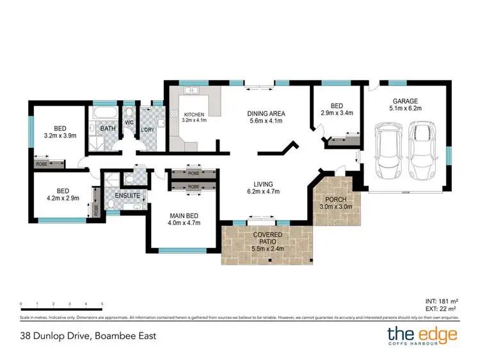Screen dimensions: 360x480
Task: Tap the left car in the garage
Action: [389, 152]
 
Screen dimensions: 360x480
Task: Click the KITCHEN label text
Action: [194, 114]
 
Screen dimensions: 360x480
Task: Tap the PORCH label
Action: [336, 198]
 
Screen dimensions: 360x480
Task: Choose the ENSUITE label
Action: [127, 196]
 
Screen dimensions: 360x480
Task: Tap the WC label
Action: [129, 122]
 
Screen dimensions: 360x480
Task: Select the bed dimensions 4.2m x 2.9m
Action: [62, 198]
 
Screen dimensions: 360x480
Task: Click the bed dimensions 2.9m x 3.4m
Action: [337, 113]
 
